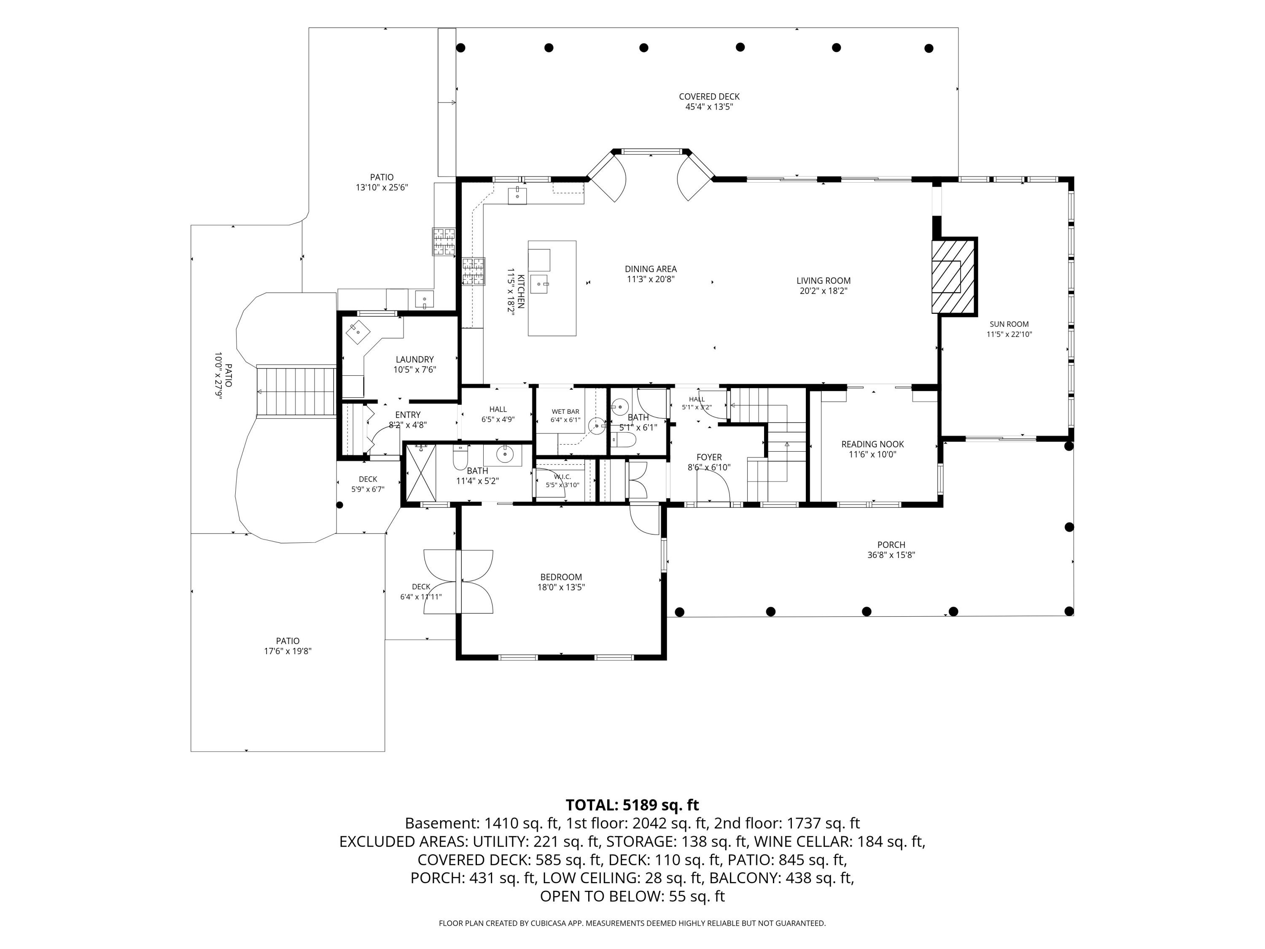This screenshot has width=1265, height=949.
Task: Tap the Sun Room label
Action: [1009, 324]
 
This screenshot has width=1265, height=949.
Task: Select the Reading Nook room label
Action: [873, 444]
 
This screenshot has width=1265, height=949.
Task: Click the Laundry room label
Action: [414, 360]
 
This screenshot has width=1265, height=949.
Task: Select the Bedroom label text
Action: [561, 577]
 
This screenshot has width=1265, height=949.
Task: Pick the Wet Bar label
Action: [565, 412]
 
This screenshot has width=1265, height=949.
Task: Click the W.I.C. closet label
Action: [562, 477]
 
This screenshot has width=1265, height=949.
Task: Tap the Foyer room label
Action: [709, 457]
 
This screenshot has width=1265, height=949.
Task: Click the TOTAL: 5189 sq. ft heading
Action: [632, 805]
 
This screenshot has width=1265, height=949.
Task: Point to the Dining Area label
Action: [651, 269]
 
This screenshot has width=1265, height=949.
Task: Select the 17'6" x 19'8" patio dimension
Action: [288, 651]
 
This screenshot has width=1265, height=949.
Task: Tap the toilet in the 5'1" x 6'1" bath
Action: [624, 439]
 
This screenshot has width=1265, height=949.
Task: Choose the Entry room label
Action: [408, 415]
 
